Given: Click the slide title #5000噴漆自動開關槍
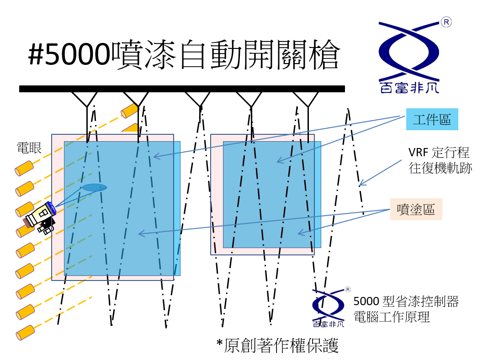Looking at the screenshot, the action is pyautogui.click(x=184, y=55).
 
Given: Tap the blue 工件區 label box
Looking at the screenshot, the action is pyautogui.click(x=432, y=119).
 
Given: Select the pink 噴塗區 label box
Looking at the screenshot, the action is pyautogui.click(x=416, y=209).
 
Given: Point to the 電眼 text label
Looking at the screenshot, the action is pyautogui.click(x=29, y=148).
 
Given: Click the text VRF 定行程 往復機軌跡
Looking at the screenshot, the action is pyautogui.click(x=440, y=160).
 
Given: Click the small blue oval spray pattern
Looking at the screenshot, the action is pyautogui.click(x=94, y=187).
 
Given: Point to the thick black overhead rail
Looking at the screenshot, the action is pyautogui.click(x=182, y=89).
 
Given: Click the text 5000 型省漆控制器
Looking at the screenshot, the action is pyautogui.click(x=406, y=301).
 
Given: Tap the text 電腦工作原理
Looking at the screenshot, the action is pyautogui.click(x=392, y=317).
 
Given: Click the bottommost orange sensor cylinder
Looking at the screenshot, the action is pyautogui.click(x=25, y=332).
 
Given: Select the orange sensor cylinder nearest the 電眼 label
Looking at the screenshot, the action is pyautogui.click(x=24, y=168).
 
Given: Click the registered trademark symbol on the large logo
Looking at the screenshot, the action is pyautogui.click(x=446, y=22).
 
